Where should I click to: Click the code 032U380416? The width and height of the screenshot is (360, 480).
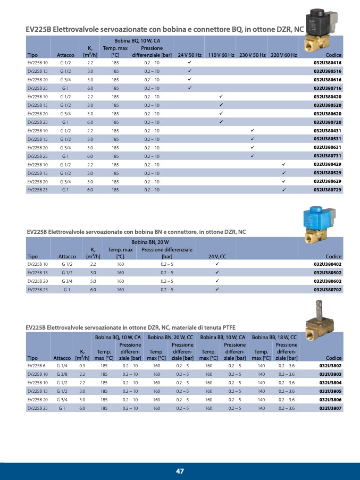coord(327,63)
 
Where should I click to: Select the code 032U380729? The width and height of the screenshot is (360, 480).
coord(327,190)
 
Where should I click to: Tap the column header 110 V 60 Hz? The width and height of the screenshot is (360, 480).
coord(221,55)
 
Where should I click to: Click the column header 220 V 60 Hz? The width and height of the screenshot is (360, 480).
coord(283,55)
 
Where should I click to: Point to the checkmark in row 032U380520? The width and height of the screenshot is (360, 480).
coord(221,105)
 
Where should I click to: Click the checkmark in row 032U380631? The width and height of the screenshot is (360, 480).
coord(253,147)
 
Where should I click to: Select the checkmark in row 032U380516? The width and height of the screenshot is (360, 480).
coord(189,71)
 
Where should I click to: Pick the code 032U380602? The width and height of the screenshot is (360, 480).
coord(327,281)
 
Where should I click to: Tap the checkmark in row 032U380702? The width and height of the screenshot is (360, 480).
coord(217,290)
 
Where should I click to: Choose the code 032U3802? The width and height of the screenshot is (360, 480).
coord(330,366)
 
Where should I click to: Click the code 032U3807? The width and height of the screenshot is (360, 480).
coord(330,408)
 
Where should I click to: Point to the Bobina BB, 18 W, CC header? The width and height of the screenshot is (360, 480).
coord(274,337)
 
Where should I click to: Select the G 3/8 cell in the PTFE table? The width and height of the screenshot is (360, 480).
coord(62,374)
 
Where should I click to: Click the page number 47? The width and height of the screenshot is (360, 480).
coord(180,471)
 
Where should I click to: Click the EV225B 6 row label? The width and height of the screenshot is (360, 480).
coord(37,366)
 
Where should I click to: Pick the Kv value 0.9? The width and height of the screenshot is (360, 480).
coord(82,366)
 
